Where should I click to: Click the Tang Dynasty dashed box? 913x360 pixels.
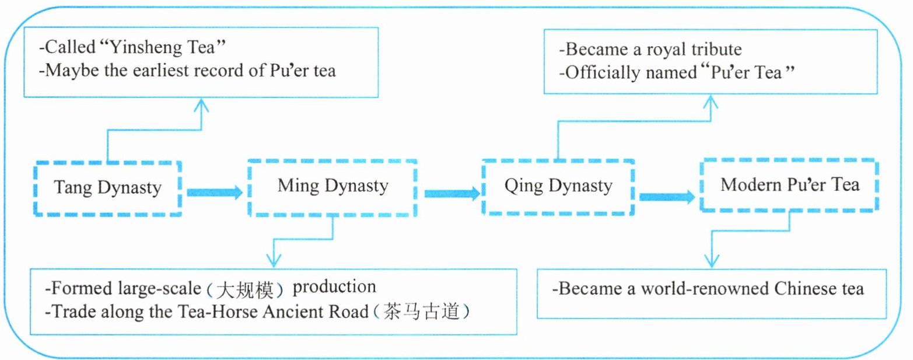[x=107, y=188]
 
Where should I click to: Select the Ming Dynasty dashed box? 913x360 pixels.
[x=333, y=186]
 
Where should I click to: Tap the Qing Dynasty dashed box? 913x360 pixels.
[x=558, y=187]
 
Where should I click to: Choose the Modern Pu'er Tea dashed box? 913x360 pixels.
[x=790, y=185]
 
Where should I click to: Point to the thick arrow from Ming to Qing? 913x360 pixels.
[x=451, y=193]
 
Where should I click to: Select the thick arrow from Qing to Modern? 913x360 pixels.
[x=667, y=197]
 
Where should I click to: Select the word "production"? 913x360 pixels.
[x=334, y=288]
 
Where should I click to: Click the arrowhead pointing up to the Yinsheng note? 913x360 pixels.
[x=201, y=104]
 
